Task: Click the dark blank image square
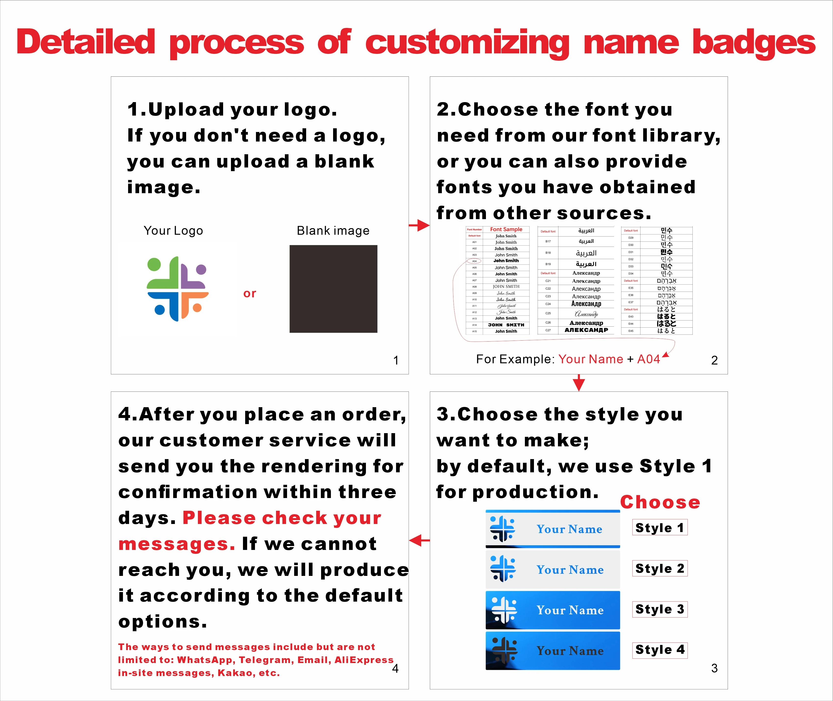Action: pos(333,289)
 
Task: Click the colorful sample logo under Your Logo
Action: pos(177,289)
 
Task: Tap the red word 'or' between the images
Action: pos(250,293)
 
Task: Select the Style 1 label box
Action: pos(660,528)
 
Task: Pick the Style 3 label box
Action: pos(660,609)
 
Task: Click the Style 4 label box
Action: pos(660,650)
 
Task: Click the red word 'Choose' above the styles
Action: pos(660,502)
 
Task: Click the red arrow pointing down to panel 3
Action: pos(579,383)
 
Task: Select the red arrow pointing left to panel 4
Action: pos(419,540)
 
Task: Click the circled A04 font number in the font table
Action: pos(474,261)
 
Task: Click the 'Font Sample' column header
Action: pos(506,229)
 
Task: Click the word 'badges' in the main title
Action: pos(753,43)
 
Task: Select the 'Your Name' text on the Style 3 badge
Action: pos(570,610)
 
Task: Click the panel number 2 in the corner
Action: pos(714,360)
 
